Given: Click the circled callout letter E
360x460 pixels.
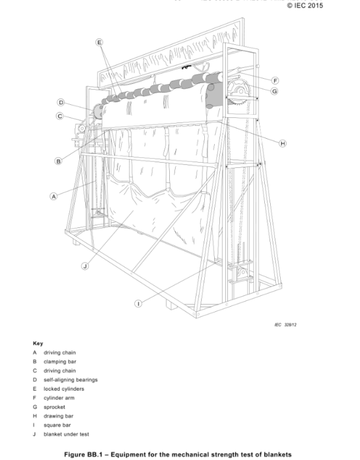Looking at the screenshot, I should click(99, 43).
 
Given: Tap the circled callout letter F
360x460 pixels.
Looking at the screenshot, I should click(275, 80).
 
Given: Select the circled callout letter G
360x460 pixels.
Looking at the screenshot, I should click(274, 91).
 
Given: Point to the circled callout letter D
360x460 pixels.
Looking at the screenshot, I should click(61, 103).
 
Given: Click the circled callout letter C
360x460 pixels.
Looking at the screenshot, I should click(60, 116).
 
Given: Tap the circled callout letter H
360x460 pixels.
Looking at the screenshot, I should click(283, 143).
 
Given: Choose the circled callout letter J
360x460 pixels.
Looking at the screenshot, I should click(85, 266).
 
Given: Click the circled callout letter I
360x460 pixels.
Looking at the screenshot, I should click(138, 304).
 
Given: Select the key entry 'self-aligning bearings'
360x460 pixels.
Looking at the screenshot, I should click(71, 380).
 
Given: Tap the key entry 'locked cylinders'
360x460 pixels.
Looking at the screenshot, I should click(64, 389).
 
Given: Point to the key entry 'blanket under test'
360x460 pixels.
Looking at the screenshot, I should click(66, 434).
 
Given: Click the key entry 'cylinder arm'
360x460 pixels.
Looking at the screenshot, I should click(59, 398).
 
